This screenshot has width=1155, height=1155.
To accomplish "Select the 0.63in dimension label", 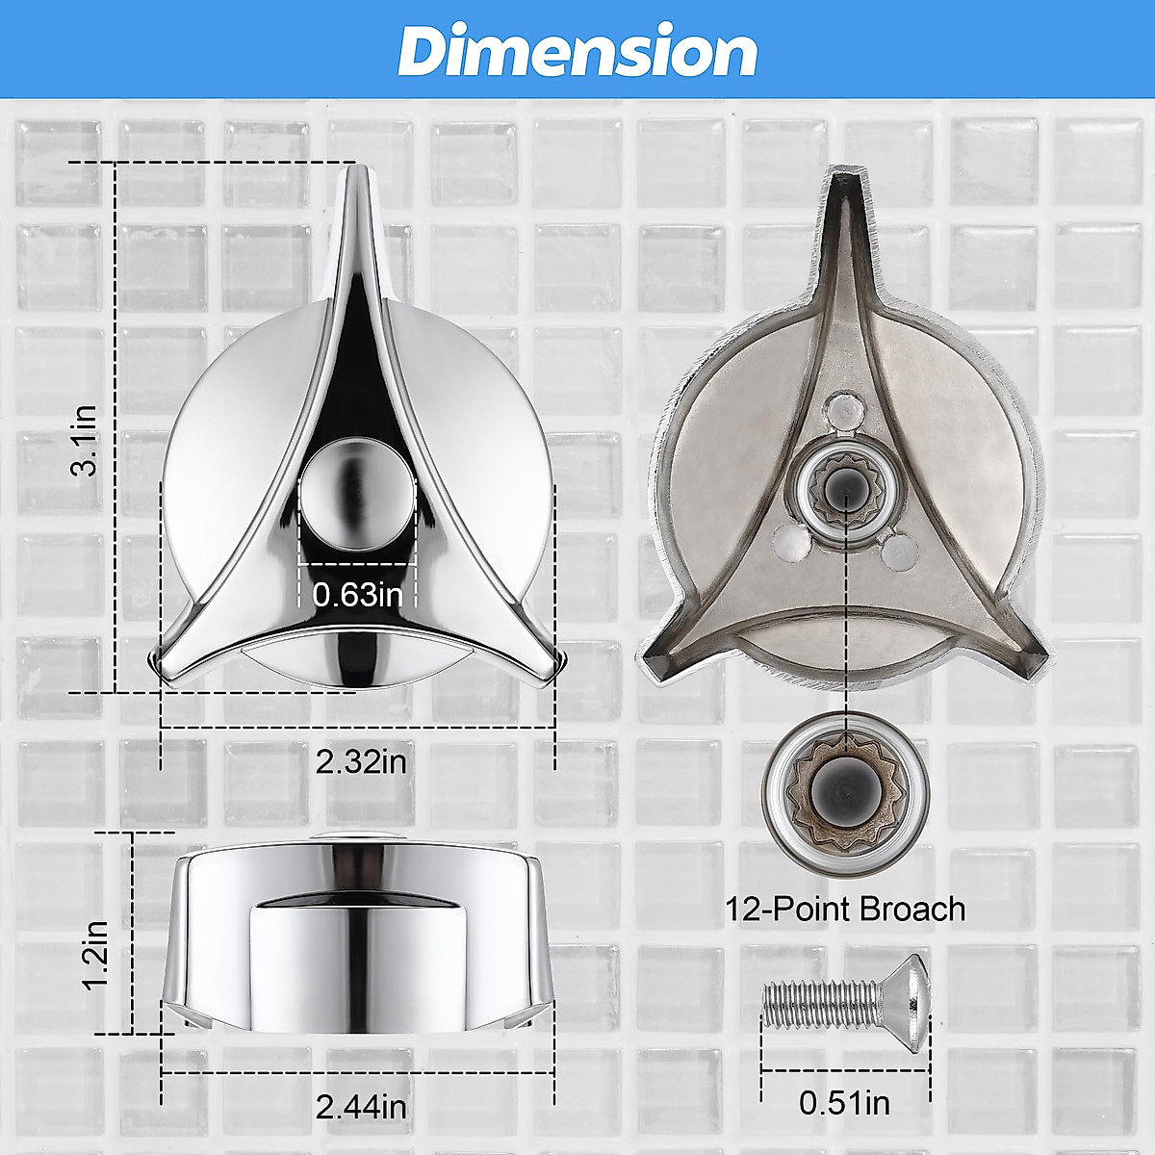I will (358, 594).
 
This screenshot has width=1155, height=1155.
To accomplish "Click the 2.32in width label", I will (361, 761).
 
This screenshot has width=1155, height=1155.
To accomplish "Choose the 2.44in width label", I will (361, 1107).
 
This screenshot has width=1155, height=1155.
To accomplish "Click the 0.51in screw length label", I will (844, 1103).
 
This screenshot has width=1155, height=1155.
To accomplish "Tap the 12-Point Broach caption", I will (844, 909).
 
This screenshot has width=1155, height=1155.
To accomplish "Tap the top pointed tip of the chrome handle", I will (358, 173).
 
